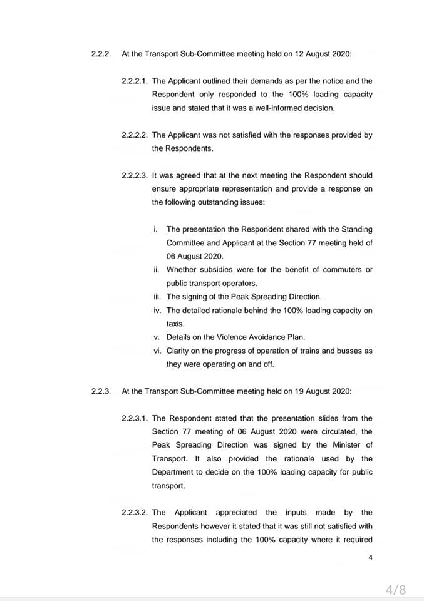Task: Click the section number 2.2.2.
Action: [x=101, y=54]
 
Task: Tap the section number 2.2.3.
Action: [x=101, y=391]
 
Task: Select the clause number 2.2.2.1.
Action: [x=135, y=81]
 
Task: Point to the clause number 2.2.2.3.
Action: [x=135, y=175]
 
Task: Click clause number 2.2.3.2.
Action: [x=135, y=513]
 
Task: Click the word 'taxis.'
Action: [x=176, y=324]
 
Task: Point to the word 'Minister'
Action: [x=343, y=445]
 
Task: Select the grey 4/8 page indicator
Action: [x=396, y=589]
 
